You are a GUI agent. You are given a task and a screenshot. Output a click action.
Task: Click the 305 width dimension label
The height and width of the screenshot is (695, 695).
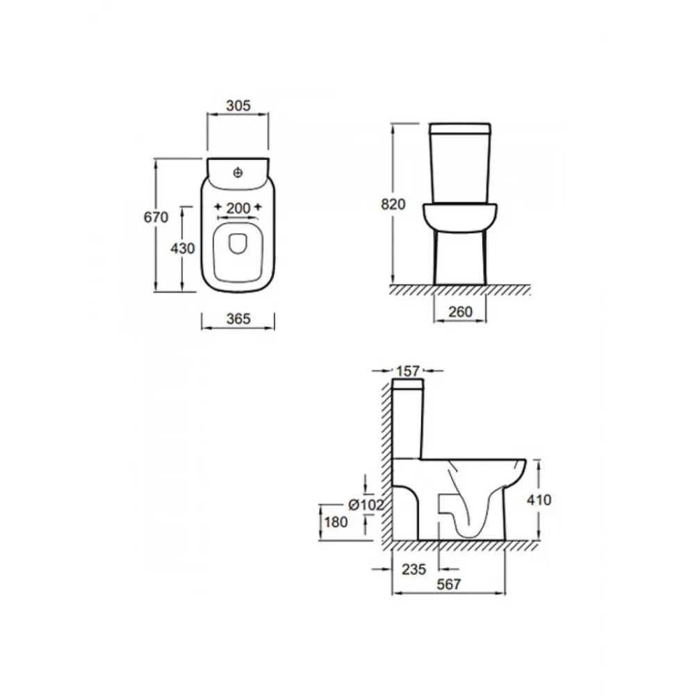(238, 106)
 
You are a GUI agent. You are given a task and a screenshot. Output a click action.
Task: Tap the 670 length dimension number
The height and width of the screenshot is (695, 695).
(156, 217)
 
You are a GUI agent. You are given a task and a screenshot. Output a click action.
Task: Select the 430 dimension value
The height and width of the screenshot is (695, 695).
(183, 248)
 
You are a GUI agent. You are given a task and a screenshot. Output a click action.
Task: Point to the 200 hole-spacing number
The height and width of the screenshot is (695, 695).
(238, 208)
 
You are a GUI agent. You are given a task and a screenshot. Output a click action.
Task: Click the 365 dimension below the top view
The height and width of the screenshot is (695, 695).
(238, 319)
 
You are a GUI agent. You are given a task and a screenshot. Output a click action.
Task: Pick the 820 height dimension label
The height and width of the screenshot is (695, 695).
(393, 204)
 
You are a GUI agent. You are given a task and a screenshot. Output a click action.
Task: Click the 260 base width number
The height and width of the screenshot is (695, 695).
(461, 312)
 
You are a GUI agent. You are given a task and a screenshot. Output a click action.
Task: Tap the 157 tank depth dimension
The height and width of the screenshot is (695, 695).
(408, 371)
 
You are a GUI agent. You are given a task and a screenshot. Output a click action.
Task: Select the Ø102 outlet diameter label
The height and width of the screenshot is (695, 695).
(366, 505)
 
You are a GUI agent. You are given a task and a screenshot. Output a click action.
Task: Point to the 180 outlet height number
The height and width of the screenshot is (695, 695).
(336, 522)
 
